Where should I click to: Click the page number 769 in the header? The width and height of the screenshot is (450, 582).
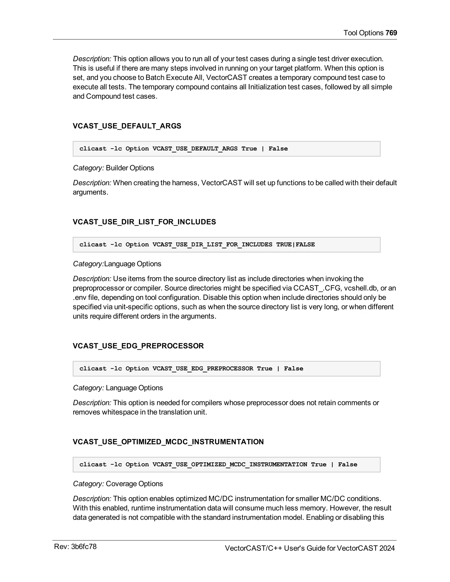(391, 33)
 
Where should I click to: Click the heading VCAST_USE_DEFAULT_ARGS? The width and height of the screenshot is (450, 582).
(127, 126)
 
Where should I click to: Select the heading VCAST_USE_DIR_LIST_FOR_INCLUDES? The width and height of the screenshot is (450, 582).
(144, 222)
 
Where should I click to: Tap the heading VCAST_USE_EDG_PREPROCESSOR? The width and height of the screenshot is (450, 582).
(138, 346)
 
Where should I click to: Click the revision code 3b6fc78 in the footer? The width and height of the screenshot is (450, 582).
(84, 547)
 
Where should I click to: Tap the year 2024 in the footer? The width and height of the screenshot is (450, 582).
(387, 548)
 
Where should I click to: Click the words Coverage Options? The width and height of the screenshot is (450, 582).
(134, 484)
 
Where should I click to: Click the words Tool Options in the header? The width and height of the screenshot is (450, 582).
(363, 33)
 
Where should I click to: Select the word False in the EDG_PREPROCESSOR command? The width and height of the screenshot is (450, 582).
(294, 369)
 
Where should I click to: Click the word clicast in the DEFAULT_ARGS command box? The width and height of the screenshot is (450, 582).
(93, 149)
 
